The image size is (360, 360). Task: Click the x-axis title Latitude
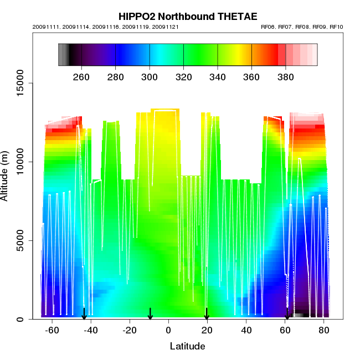click(187, 346)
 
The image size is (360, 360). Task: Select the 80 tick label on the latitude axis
click(323, 330)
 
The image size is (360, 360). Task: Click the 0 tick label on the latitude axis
click(168, 330)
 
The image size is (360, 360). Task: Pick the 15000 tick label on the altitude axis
click(20, 83)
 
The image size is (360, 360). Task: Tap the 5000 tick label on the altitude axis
click(20, 240)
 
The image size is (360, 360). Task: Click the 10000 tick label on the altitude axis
click(20, 162)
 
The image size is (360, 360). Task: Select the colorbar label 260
click(81, 76)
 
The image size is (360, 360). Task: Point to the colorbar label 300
click(150, 76)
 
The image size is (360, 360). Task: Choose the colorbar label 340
click(218, 76)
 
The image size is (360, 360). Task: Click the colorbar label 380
click(286, 76)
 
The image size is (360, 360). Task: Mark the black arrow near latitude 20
click(207, 314)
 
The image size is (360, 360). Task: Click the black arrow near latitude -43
click(84, 314)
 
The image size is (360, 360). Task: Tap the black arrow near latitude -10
click(150, 314)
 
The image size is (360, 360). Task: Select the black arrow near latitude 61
click(287, 314)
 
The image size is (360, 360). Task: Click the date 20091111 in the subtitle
click(44, 27)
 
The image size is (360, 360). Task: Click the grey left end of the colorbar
click(63, 55)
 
